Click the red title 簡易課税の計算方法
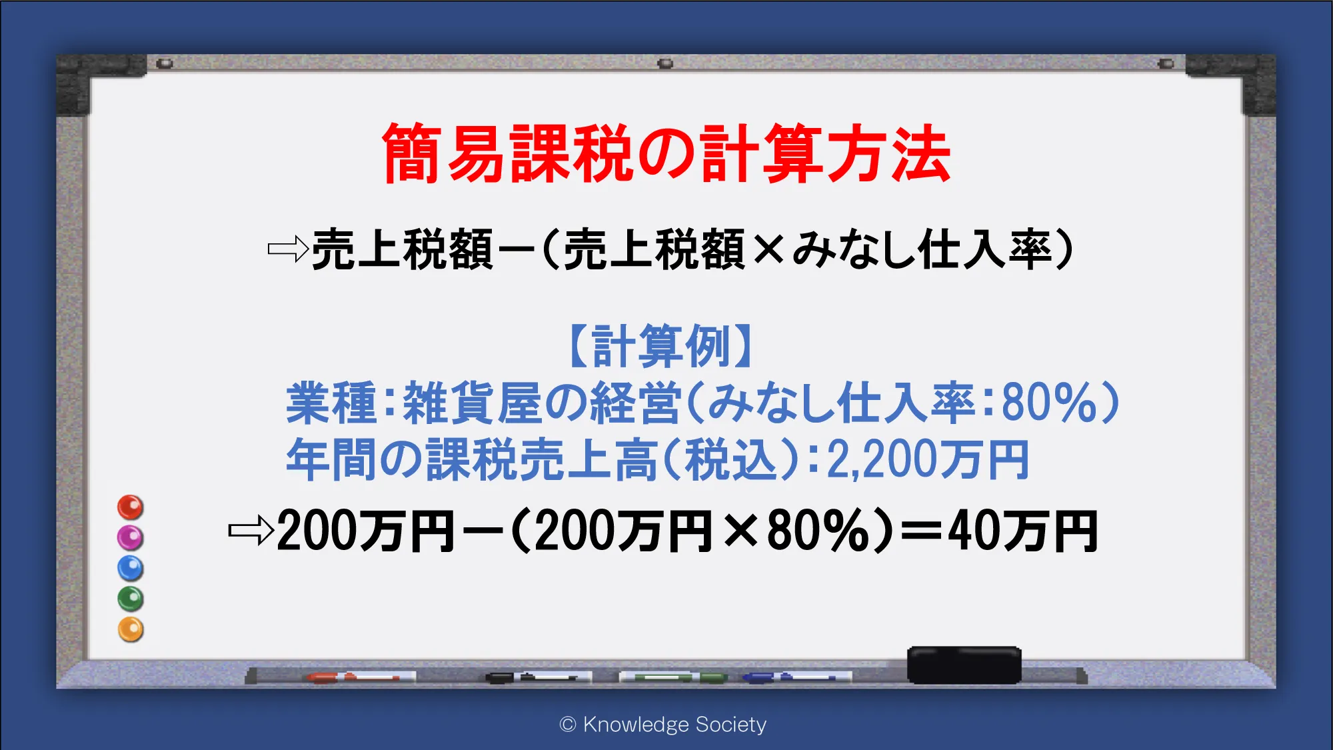[x=666, y=153]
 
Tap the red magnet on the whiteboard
[x=131, y=507]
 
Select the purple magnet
[x=131, y=537]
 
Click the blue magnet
[x=131, y=568]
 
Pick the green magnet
[x=131, y=599]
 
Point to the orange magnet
[x=131, y=629]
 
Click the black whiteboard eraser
[x=964, y=665]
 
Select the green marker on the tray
[x=673, y=677]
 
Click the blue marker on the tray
[x=797, y=677]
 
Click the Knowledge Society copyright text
[x=663, y=725]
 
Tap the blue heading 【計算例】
[x=662, y=346]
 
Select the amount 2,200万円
[x=928, y=460]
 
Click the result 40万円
[x=1023, y=531]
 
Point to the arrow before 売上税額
[x=288, y=249]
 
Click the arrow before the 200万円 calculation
[x=251, y=531]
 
